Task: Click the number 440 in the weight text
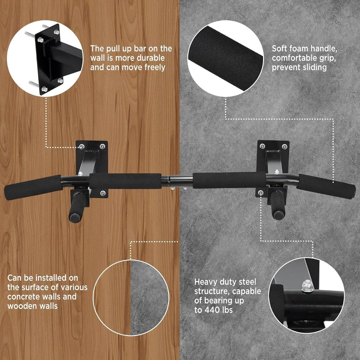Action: point(213,310)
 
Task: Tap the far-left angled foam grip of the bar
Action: point(33,187)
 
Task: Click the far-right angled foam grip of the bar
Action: point(326,186)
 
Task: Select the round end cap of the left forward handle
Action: point(75,218)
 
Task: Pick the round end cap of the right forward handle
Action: point(279,215)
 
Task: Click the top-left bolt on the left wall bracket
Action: point(82,147)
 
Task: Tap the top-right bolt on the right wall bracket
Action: point(284,147)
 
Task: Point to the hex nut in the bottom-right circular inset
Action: point(308,286)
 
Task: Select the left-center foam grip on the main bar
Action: point(126,181)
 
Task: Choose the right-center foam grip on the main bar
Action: point(229,180)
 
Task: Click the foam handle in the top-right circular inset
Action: point(225,59)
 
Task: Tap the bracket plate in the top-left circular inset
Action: point(49,59)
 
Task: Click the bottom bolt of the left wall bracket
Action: point(103,193)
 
